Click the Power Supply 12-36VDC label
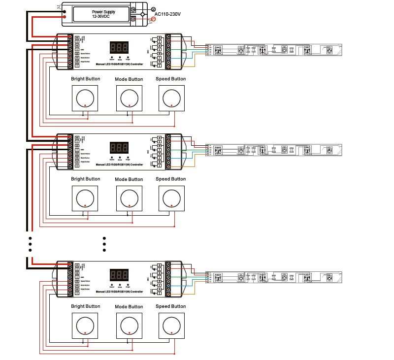(103, 14)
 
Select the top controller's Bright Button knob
(85, 98)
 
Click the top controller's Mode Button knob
(129, 98)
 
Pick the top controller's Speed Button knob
(171, 98)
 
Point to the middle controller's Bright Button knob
(85, 198)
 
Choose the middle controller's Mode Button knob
(129, 198)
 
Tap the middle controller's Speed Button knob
(171, 197)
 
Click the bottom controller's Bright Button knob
(85, 326)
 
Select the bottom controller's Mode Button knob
(129, 326)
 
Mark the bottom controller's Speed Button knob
(171, 325)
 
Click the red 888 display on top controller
(120, 48)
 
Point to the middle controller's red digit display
(120, 148)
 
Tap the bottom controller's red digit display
(120, 275)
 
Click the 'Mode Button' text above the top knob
(129, 79)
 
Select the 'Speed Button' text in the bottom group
(171, 306)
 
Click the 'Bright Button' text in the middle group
(86, 179)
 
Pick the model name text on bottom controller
(119, 292)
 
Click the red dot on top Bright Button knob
(85, 106)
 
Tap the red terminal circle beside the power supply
(153, 19)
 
